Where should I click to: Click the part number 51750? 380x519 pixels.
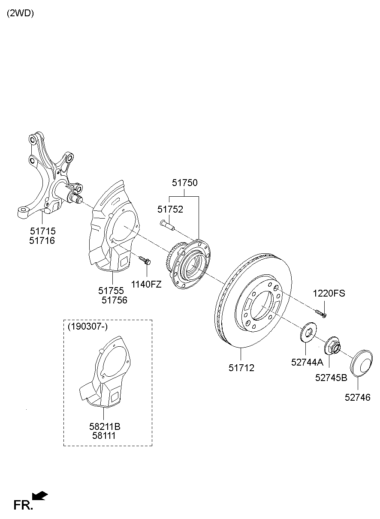click(184, 183)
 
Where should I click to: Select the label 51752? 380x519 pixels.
click(170, 210)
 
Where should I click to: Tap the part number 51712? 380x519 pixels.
click(241, 368)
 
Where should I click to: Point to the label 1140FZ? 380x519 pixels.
click(146, 284)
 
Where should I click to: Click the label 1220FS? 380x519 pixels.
click(329, 294)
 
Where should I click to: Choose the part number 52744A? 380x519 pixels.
click(307, 362)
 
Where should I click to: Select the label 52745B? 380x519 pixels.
click(331, 378)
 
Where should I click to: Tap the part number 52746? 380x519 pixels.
click(357, 397)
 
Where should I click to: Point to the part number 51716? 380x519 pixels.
click(42, 241)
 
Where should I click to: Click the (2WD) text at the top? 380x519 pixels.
click(20, 13)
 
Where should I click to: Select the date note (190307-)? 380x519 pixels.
click(87, 327)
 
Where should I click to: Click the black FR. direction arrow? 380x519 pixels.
click(40, 496)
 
